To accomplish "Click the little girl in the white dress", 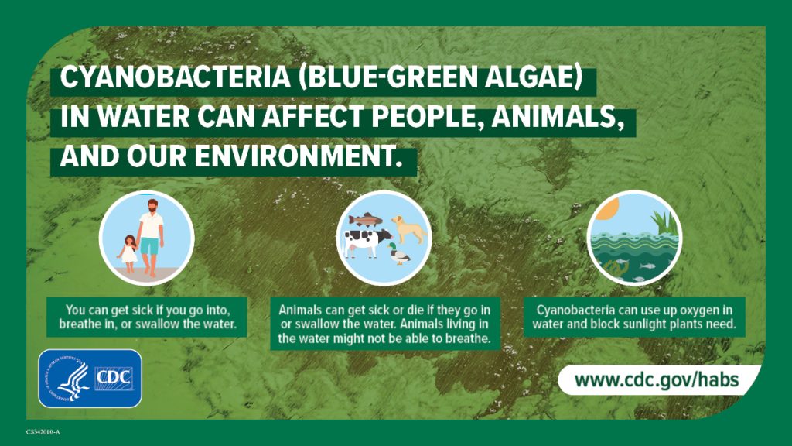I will [x=126, y=251].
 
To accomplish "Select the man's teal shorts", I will [x=149, y=246].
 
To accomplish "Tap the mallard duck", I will [x=399, y=252].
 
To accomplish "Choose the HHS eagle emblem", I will [x=69, y=379].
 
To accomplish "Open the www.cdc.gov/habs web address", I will [x=656, y=380].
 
